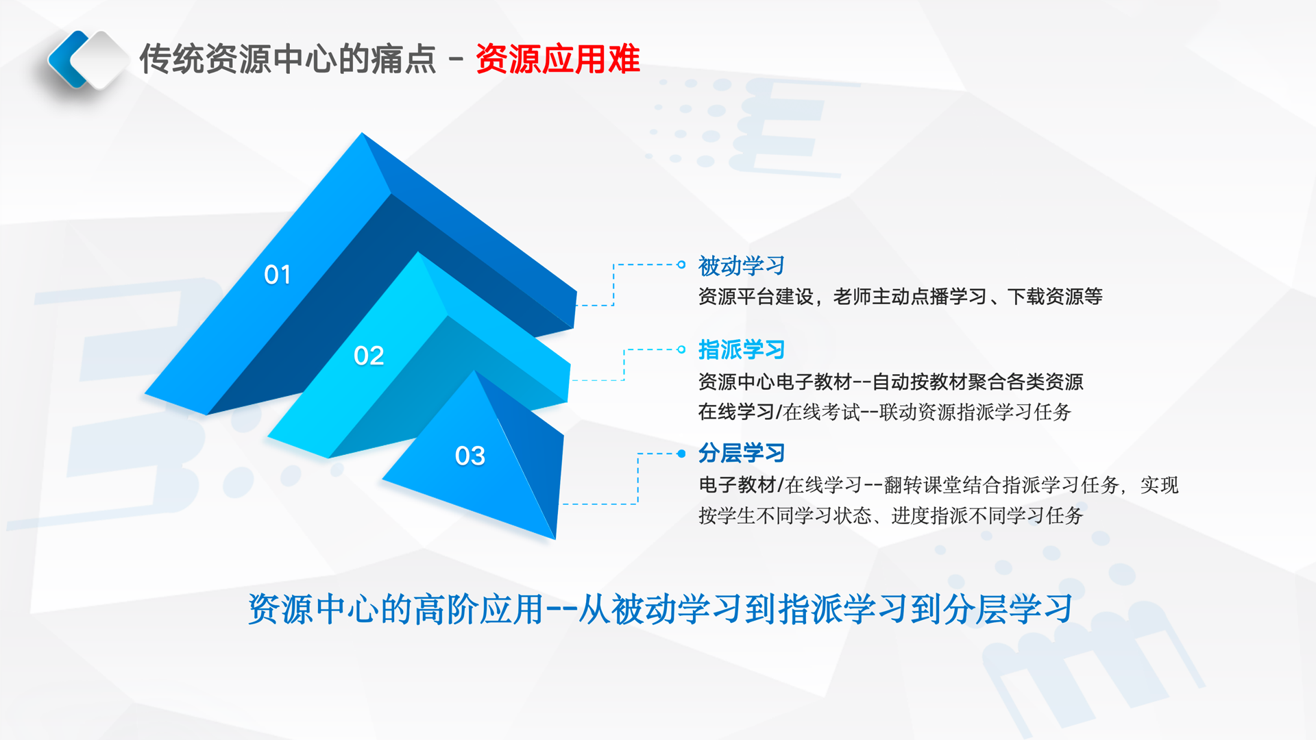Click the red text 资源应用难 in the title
(558, 59)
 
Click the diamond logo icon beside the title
(88, 60)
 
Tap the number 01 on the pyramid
(278, 275)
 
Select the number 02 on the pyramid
(369, 356)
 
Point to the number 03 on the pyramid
(470, 456)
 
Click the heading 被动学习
(742, 265)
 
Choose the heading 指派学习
(742, 349)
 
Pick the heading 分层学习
(742, 453)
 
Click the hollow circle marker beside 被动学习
(681, 264)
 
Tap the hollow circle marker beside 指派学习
(681, 349)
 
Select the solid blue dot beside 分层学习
(681, 454)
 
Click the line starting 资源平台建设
(901, 297)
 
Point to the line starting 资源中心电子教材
(891, 382)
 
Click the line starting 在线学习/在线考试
(885, 412)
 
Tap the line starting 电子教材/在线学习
(938, 485)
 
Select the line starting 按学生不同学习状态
(890, 515)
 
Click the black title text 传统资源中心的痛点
(288, 59)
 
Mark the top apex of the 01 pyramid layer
(363, 133)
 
